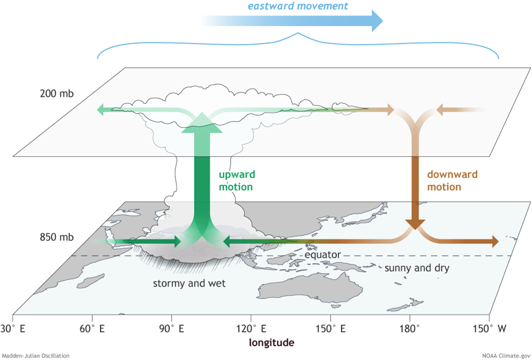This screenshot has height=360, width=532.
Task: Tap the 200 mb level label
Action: (x=57, y=93)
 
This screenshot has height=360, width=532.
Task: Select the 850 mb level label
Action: (x=57, y=237)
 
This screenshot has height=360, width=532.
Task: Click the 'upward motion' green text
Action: (x=236, y=180)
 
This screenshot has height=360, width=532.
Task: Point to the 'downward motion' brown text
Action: (x=452, y=180)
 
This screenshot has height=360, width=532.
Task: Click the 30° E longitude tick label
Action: (x=13, y=328)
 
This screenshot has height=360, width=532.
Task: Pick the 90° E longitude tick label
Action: (x=171, y=328)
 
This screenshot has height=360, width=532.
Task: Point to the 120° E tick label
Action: (x=251, y=328)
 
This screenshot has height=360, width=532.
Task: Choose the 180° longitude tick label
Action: (x=410, y=328)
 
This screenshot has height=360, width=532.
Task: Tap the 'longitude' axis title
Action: (x=271, y=343)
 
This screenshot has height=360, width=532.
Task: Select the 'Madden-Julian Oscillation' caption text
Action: (x=35, y=356)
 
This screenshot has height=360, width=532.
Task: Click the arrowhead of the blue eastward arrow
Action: (x=376, y=20)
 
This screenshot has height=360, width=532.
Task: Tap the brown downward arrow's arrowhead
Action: (x=416, y=224)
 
